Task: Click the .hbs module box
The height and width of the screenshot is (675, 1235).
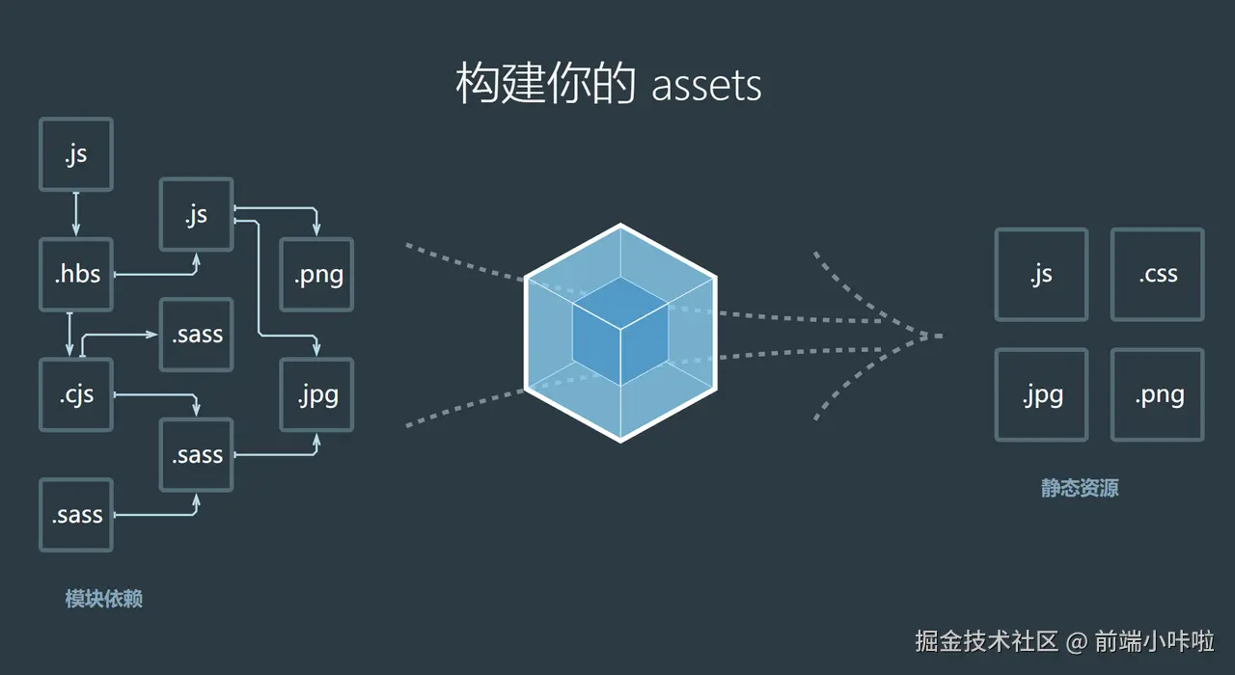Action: [x=76, y=275]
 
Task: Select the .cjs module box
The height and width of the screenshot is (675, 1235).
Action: [x=76, y=394]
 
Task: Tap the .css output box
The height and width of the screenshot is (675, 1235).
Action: [x=1157, y=275]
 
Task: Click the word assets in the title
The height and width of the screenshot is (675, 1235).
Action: [x=706, y=86]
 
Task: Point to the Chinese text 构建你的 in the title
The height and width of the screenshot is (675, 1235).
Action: [x=545, y=85]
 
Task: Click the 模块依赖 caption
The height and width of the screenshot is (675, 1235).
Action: [x=104, y=599]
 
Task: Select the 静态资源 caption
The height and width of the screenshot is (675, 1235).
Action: [x=1080, y=488]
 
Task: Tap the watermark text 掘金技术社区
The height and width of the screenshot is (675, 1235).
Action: [x=986, y=641]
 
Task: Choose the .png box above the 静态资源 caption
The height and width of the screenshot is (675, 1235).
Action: [x=1157, y=395]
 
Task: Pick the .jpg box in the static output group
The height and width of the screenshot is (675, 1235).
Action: [x=1041, y=395]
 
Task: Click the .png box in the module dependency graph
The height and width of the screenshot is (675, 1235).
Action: [x=316, y=275]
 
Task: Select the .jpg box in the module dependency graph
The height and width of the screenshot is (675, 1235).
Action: [x=316, y=394]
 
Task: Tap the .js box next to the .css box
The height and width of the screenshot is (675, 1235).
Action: [x=1041, y=275]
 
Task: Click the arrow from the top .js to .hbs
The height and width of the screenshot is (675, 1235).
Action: [x=76, y=213]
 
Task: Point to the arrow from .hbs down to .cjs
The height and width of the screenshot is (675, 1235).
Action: [x=70, y=334]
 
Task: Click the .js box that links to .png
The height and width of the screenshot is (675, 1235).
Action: [x=196, y=215]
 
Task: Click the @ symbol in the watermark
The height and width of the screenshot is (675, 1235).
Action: [x=1076, y=641]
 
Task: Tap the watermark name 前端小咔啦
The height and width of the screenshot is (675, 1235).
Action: [x=1153, y=641]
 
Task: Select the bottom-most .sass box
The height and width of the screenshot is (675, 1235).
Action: [x=76, y=515]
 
